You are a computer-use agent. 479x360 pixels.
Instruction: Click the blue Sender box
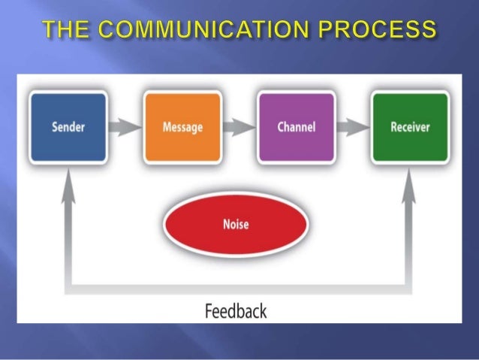68,126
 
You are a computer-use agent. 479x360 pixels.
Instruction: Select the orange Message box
182,126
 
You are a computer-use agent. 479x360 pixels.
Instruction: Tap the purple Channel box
296,126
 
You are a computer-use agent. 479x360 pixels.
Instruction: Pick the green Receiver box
410,126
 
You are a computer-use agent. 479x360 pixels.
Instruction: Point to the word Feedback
236,309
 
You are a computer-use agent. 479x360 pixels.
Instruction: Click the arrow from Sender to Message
125,127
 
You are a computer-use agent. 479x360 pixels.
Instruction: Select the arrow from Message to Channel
239,127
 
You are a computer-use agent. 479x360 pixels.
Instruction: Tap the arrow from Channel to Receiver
353,127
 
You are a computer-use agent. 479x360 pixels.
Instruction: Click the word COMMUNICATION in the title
204,29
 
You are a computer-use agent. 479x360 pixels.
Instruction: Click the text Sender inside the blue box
68,126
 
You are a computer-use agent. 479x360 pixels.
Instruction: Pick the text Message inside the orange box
182,127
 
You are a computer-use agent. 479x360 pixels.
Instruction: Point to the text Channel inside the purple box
296,126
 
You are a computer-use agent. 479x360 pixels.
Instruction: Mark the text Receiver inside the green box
410,126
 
